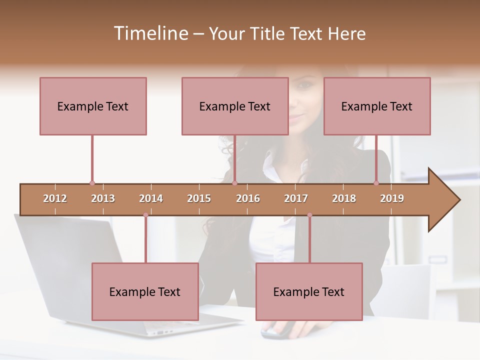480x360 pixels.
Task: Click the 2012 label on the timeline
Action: tap(55, 198)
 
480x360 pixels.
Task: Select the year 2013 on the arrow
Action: tap(103, 198)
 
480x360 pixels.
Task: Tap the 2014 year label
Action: tap(151, 198)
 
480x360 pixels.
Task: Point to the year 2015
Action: tap(199, 198)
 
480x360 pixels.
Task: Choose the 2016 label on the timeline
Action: tap(248, 198)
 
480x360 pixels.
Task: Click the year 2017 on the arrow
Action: tap(296, 198)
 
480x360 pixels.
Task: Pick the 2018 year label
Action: tap(344, 198)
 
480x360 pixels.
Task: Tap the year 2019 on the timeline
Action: tap(392, 198)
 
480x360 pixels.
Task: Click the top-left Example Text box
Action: tap(93, 106)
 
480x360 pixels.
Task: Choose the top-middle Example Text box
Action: tap(235, 106)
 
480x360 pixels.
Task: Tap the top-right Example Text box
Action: tap(377, 106)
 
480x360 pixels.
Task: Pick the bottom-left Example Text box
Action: tap(145, 291)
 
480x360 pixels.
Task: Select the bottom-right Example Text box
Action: tap(309, 291)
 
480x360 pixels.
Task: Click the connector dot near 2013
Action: tap(92, 183)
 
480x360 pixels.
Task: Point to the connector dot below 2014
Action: tap(145, 215)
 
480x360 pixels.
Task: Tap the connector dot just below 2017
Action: tap(309, 215)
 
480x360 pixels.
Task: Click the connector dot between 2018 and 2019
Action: tap(376, 183)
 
